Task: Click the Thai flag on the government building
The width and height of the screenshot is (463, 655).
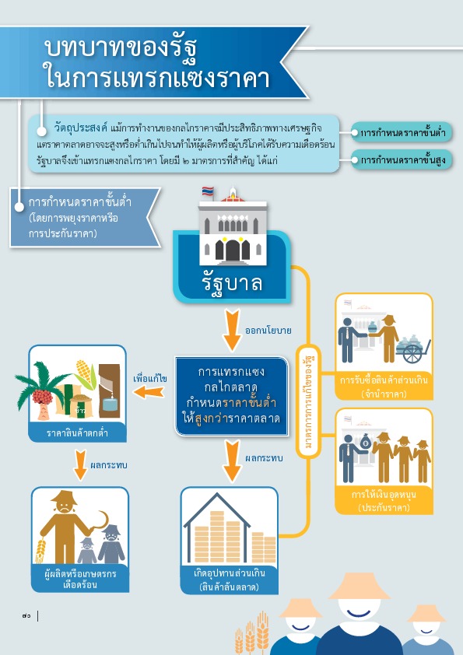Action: point(208,191)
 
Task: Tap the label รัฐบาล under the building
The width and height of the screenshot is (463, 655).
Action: point(232,283)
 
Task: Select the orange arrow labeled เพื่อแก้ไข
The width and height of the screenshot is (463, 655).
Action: point(149,392)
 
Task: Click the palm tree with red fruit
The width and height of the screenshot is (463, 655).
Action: point(40,391)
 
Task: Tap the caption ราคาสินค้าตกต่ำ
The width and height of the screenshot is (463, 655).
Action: point(77,433)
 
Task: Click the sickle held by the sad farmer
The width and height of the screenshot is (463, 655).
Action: point(100,522)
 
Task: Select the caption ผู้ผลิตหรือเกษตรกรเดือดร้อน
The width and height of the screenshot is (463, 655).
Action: point(80,579)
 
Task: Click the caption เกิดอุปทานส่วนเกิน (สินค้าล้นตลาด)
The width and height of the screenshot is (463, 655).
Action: point(229,580)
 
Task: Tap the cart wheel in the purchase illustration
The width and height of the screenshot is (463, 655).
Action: point(412,354)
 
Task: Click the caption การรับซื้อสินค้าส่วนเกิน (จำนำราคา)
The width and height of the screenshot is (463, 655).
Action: point(384,387)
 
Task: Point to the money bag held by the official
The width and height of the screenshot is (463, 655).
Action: point(366,440)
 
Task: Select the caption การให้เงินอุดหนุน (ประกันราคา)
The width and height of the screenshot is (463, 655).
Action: point(384,501)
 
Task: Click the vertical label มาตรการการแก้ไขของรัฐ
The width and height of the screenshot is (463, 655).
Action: point(308,401)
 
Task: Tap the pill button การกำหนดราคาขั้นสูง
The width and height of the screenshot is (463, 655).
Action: point(402,160)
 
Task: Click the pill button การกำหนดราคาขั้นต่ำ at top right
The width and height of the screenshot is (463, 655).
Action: point(402,133)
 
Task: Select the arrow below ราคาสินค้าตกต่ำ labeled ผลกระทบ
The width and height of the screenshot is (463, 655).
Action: point(80,465)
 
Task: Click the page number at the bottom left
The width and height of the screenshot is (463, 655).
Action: point(26,616)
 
